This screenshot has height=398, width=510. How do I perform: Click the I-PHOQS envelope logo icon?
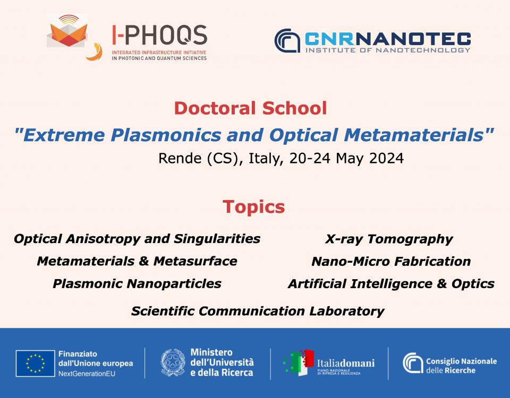tap(67, 31)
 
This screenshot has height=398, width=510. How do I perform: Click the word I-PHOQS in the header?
tap(160, 35)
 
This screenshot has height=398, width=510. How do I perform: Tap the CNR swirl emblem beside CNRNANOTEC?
tap(287, 41)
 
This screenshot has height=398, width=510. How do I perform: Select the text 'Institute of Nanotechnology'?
tap(388, 50)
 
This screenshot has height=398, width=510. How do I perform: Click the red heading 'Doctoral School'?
tap(250, 108)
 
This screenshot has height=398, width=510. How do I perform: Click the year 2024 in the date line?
tap(386, 158)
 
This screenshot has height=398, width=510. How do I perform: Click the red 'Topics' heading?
tap(254, 207)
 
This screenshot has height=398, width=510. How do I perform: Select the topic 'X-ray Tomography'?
tap(389, 239)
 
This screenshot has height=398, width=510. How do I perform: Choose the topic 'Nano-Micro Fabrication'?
tap(391, 262)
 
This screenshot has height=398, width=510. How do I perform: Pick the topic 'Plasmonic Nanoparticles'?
tap(137, 283)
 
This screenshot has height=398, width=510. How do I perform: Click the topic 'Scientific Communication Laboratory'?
tap(258, 311)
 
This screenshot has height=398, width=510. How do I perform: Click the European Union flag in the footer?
tap(35, 364)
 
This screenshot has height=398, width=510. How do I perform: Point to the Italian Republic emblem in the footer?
tap(173, 362)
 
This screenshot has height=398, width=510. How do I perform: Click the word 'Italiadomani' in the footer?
tap(346, 363)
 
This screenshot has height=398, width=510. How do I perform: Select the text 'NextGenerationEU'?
tap(87, 374)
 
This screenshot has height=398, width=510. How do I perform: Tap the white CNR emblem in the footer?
tap(413, 363)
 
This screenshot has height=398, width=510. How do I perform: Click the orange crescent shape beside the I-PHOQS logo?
tap(95, 53)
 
